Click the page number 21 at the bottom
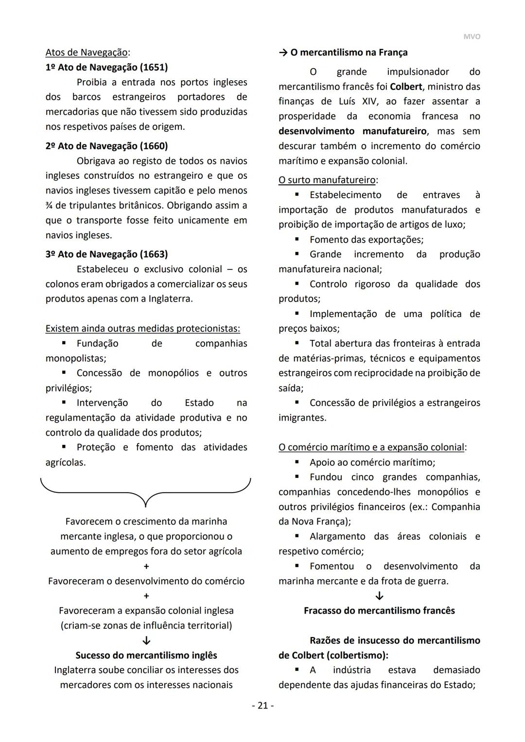tap(262, 706)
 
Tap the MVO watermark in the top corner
tap(472, 37)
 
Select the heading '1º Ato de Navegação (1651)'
tap(106, 67)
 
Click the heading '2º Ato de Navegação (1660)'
tap(106, 146)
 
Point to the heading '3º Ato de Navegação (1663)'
tap(106, 254)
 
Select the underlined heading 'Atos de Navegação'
tap(87, 52)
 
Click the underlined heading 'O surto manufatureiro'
tap(327, 180)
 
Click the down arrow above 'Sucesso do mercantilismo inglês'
tap(146, 641)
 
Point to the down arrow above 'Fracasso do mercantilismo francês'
tap(380, 596)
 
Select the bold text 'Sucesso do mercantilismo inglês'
tap(146, 655)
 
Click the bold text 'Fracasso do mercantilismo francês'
tap(379, 611)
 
